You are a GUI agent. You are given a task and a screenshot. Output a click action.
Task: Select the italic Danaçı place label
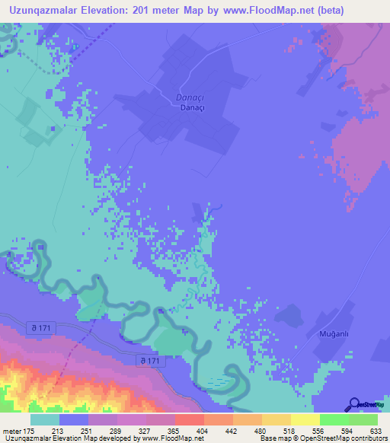point(169,97)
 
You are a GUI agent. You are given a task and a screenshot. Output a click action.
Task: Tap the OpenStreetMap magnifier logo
point(355,405)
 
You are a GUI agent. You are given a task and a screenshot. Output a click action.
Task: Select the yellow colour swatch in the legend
point(305,419)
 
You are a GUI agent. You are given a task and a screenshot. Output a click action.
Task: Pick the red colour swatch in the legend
point(190,419)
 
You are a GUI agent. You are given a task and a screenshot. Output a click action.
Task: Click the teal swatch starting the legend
point(45,419)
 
